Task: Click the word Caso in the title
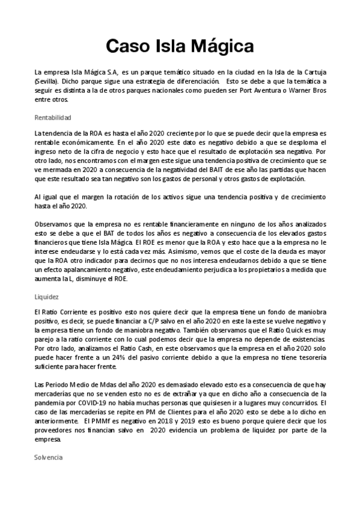[x=126, y=46]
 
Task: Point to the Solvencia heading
[x=49, y=458]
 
